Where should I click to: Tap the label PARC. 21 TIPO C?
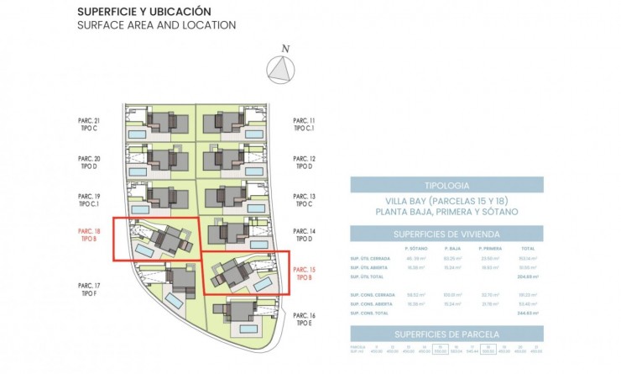pos(89,124)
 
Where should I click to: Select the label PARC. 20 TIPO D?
pos(89,161)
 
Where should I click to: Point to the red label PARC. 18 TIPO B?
pos(89,234)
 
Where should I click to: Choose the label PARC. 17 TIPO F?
pos(89,289)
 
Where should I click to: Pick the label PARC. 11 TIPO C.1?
pos(304,124)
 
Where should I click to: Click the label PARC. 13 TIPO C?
pos(304,198)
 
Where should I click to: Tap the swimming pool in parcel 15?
pos(263,285)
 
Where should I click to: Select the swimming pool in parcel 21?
pos(135,134)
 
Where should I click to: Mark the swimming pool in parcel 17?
pos(175,299)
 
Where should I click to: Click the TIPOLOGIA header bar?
pos(446,185)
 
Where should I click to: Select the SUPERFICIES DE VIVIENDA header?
pos(446,233)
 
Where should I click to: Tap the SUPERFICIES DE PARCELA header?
pos(446,333)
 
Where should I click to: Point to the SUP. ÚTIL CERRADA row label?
pos(368,259)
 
